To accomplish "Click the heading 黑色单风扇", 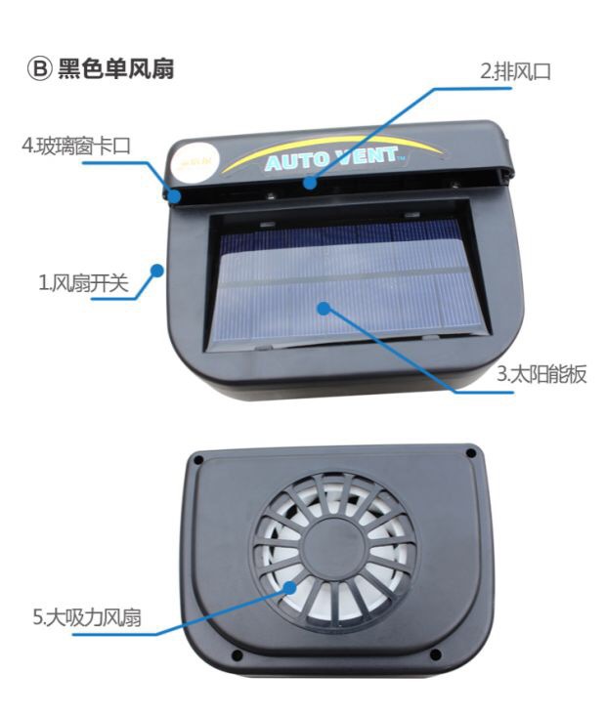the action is tap(115, 69).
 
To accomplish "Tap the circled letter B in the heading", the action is tap(39, 69).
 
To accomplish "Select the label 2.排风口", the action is tap(515, 71).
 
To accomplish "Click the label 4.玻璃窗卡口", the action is tap(76, 146).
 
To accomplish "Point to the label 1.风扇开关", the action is tap(83, 282).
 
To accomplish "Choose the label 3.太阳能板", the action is tap(541, 374).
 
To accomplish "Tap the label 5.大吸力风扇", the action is tap(86, 617).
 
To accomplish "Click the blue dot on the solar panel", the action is tap(324, 309).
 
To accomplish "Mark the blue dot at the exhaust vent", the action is tap(310, 184).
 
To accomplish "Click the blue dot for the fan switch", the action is tap(157, 271).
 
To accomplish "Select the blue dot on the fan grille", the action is tap(289, 588).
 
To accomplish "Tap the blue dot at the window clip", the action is tap(174, 196).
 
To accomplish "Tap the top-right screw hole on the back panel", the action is tap(471, 454).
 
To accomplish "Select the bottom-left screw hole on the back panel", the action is tap(237, 655).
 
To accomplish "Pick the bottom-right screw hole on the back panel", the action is tap(435, 654).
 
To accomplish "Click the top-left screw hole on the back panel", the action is tap(198, 460).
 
